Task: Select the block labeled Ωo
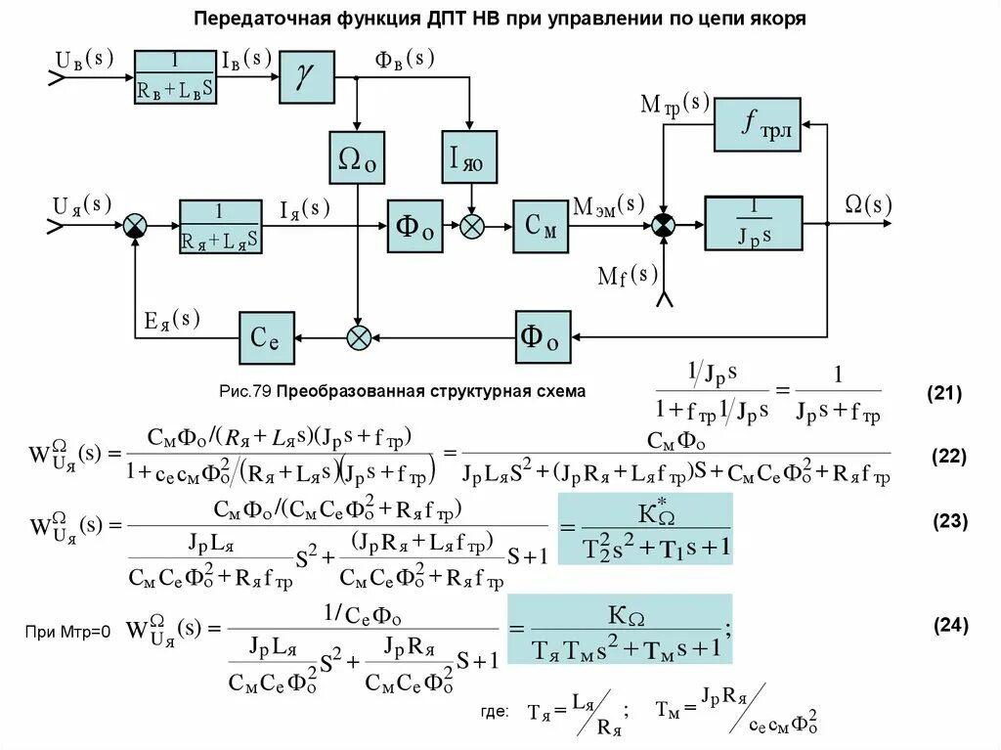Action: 358,157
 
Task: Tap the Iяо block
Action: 469,156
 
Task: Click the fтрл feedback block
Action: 757,124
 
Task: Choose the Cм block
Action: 540,226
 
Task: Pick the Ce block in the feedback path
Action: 266,337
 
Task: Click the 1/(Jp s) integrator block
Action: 753,224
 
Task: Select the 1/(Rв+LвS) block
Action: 176,75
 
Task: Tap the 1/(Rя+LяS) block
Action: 220,226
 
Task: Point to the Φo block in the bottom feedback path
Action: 543,337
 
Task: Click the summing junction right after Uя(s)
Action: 135,226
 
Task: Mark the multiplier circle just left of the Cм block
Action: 473,226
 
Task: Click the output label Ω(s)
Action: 868,204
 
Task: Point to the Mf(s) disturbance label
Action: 628,275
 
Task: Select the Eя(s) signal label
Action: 173,320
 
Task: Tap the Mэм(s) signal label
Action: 608,204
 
